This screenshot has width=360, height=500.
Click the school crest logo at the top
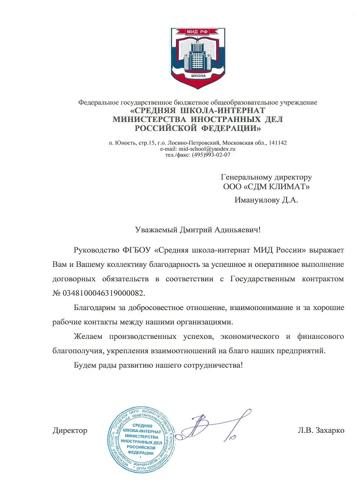[x=198, y=58]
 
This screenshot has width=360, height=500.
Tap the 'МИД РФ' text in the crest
[x=197, y=32]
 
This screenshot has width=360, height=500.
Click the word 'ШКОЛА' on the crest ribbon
[x=198, y=76]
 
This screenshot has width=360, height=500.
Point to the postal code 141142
[x=278, y=143]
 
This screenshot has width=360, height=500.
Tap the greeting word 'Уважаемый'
[x=156, y=230]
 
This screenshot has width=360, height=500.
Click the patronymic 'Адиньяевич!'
[x=238, y=230]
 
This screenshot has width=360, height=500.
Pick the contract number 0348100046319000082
[x=103, y=293]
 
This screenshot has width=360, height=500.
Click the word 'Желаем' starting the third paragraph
[x=88, y=337]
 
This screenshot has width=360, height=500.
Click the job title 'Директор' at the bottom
[x=70, y=431]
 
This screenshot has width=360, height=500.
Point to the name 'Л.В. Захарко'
[x=321, y=430]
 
